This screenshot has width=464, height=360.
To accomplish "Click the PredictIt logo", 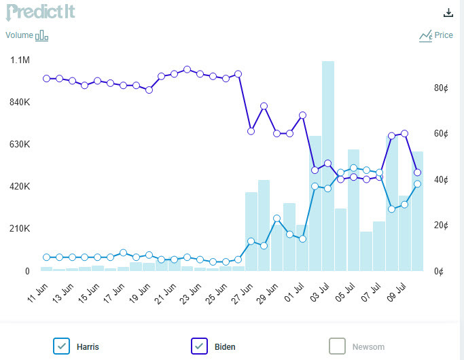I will click(40, 12).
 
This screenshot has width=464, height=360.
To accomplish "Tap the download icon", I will click(448, 12).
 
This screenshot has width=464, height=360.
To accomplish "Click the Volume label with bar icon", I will click(27, 35).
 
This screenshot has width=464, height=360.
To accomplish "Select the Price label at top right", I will click(436, 35).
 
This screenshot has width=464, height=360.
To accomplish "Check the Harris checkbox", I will click(62, 346).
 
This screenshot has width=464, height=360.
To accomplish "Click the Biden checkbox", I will click(200, 346).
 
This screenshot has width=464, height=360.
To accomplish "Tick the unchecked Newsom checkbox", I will click(338, 346).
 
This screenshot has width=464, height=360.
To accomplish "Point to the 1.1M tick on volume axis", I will click(20, 60).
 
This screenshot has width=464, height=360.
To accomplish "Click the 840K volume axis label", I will click(19, 103).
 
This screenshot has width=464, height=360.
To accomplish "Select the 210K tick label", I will click(19, 229).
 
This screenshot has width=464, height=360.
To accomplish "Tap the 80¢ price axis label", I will click(442, 88).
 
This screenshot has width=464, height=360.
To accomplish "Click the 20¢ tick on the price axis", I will click(442, 226).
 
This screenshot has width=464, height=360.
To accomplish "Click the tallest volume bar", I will click(328, 166).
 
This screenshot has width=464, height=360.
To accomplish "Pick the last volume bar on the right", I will click(418, 211).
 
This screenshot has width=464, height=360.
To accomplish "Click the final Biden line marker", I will click(418, 173).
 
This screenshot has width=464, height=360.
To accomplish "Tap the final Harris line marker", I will click(418, 184).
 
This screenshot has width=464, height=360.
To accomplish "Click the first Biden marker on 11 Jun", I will click(46, 79).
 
